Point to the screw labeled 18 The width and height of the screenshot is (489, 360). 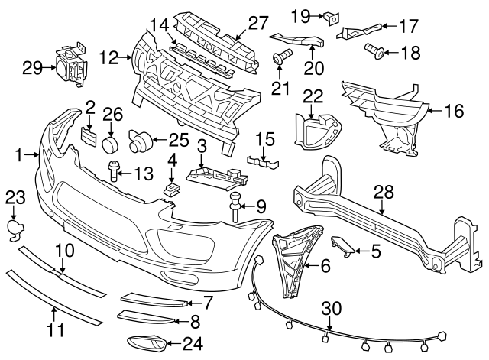click(x=375, y=52)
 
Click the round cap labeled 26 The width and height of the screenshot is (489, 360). click(x=112, y=144)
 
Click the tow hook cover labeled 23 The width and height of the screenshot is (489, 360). click(x=15, y=228)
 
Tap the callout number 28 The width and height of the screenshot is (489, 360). click(x=381, y=194)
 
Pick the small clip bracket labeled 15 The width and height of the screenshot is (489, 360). click(x=260, y=162)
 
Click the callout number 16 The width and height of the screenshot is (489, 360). click(x=454, y=112)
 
